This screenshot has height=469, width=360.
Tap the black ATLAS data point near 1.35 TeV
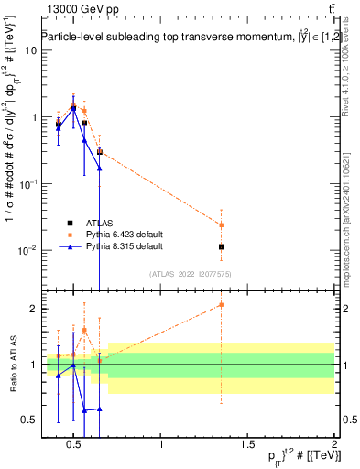221,246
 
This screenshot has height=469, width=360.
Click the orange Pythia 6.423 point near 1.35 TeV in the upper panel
221,224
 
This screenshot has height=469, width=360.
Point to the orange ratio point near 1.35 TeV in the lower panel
221,305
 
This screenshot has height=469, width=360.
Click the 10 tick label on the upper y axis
29,49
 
